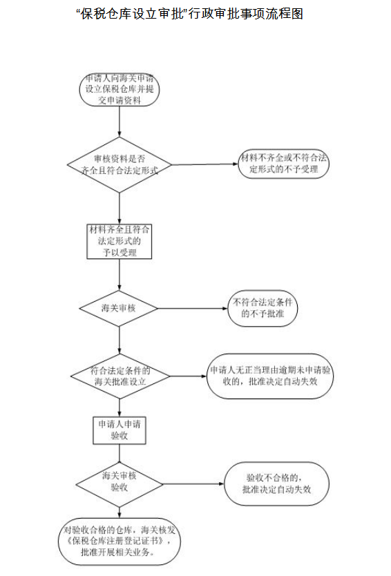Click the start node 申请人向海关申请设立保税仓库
click(120, 90)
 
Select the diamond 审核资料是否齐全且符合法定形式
click(120, 165)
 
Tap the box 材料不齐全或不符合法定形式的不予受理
click(283, 164)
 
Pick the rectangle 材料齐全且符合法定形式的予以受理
click(120, 241)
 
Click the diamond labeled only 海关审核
click(119, 308)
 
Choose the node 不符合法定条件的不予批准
click(263, 308)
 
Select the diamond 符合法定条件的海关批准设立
click(120, 376)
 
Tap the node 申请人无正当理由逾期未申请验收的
click(270, 376)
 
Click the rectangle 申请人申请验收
click(120, 430)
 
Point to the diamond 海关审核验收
click(120, 484)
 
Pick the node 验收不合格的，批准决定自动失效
click(276, 483)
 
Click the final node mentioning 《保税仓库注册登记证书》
click(120, 541)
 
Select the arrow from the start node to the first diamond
click(120, 122)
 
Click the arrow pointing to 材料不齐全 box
click(205, 164)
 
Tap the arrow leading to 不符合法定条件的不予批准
click(193, 308)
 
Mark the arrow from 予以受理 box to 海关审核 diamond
click(120, 275)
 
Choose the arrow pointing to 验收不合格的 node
click(193, 484)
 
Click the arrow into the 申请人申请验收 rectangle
click(120, 407)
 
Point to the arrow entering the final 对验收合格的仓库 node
click(120, 513)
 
